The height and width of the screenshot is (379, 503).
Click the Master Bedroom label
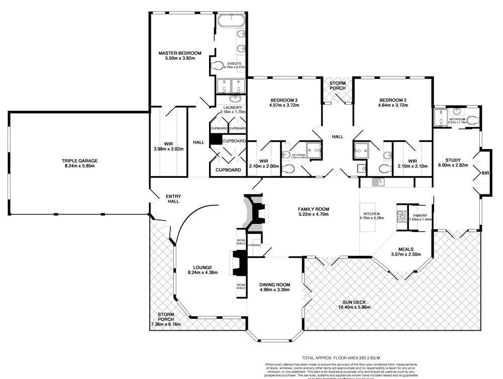tap(180, 53)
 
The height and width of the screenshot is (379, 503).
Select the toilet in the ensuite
tap(217, 66)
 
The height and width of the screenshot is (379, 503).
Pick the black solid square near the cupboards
tap(216, 140)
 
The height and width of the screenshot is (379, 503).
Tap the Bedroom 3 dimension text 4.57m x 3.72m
tap(284, 105)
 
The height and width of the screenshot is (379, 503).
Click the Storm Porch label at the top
tap(338, 85)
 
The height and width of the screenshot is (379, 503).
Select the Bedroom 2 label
tap(393, 99)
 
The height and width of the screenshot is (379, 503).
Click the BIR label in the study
tap(484, 173)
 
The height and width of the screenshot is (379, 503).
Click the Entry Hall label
tap(174, 199)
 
